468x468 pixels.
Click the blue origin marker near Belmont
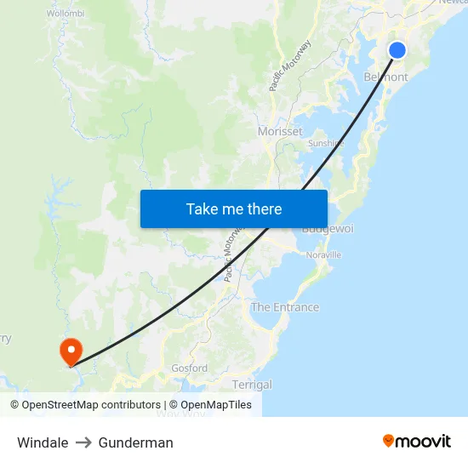pyautogui.click(x=397, y=50)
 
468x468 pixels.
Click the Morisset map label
pyautogui.click(x=280, y=132)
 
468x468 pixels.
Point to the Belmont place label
pyautogui.click(x=385, y=77)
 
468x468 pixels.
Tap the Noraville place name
pyautogui.click(x=323, y=254)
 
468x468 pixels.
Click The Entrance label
pyautogui.click(x=285, y=307)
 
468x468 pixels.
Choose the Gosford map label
pyautogui.click(x=189, y=368)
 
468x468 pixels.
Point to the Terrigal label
pyautogui.click(x=252, y=385)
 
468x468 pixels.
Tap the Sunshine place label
pyautogui.click(x=326, y=144)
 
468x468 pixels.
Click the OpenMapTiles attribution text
pyautogui.click(x=210, y=405)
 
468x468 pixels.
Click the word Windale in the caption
pyautogui.click(x=43, y=442)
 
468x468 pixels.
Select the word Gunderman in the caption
pyautogui.click(x=136, y=442)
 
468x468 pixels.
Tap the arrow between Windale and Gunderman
pyautogui.click(x=83, y=442)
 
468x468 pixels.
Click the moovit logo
pyautogui.click(x=417, y=442)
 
